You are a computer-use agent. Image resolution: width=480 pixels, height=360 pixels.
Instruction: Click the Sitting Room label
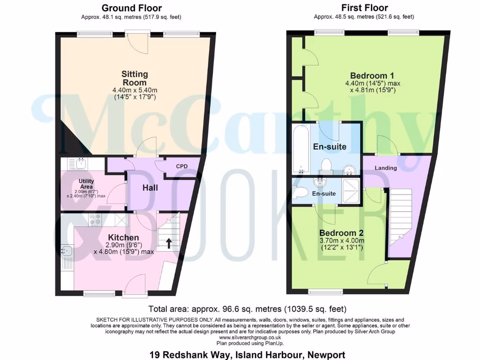click(x=135, y=78)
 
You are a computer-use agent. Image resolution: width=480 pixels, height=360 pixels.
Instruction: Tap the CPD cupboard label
click(x=182, y=166)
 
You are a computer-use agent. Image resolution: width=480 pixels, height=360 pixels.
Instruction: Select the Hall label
click(x=150, y=188)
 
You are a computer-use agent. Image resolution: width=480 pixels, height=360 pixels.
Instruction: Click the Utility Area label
click(x=86, y=184)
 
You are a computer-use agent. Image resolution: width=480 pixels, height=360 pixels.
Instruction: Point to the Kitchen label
click(x=124, y=238)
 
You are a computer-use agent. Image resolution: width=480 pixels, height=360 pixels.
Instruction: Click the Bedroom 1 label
click(x=372, y=76)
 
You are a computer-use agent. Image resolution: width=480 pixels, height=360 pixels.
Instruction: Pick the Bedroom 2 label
click(x=341, y=233)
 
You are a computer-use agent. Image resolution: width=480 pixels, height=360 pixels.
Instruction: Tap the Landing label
click(x=386, y=168)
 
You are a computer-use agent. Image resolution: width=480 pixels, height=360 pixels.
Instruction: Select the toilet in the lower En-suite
click(x=300, y=192)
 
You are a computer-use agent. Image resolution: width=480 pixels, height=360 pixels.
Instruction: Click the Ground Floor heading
click(x=131, y=8)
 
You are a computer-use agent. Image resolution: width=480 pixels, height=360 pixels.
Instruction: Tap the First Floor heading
click(x=364, y=8)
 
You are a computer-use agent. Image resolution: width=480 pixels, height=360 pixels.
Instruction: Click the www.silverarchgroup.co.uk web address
click(x=250, y=337)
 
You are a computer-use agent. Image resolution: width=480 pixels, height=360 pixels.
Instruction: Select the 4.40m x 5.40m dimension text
click(x=135, y=90)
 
